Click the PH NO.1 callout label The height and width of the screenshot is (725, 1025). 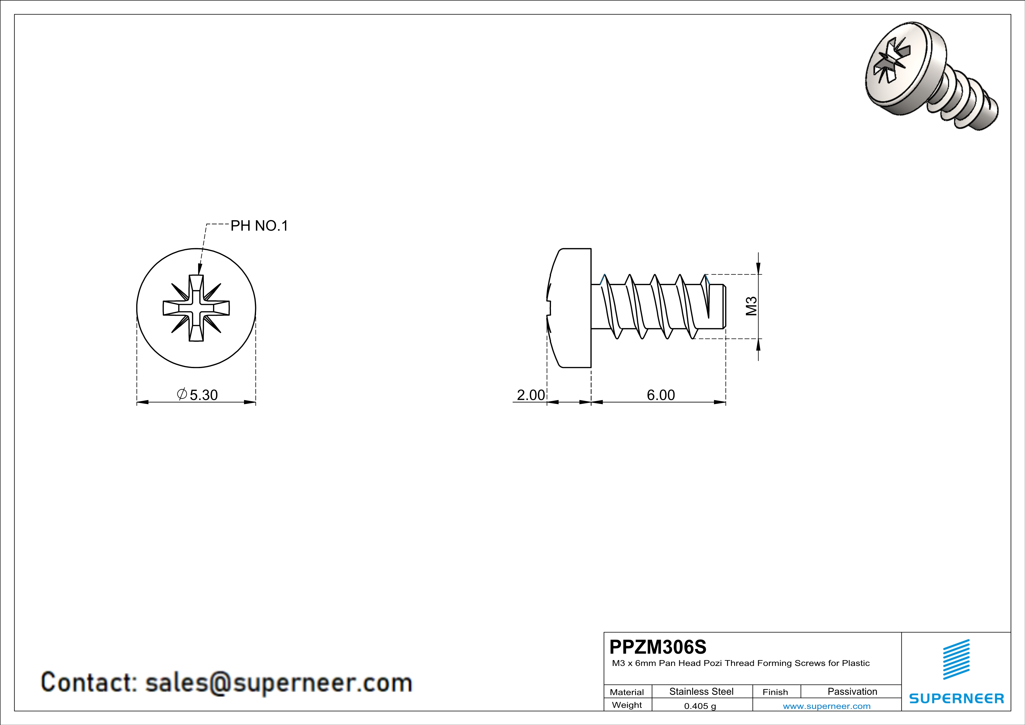(259, 226)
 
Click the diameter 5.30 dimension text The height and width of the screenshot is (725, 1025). (198, 395)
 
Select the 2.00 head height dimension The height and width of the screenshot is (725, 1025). (530, 395)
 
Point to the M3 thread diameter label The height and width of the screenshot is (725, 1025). (751, 306)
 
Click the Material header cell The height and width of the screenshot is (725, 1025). (627, 692)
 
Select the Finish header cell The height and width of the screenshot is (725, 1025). (775, 692)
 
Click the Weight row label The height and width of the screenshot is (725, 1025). (627, 705)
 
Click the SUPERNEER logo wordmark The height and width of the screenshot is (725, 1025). (956, 698)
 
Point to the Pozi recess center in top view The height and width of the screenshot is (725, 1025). (196, 308)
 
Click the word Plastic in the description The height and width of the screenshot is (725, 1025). (855, 663)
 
